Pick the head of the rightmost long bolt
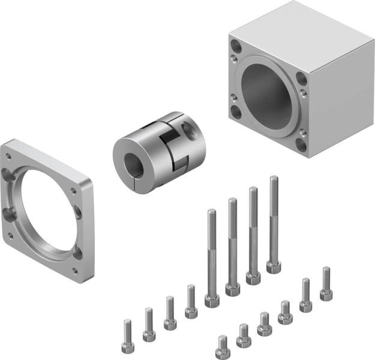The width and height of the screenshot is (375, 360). [274, 265]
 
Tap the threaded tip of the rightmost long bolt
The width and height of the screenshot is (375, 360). [274, 180]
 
